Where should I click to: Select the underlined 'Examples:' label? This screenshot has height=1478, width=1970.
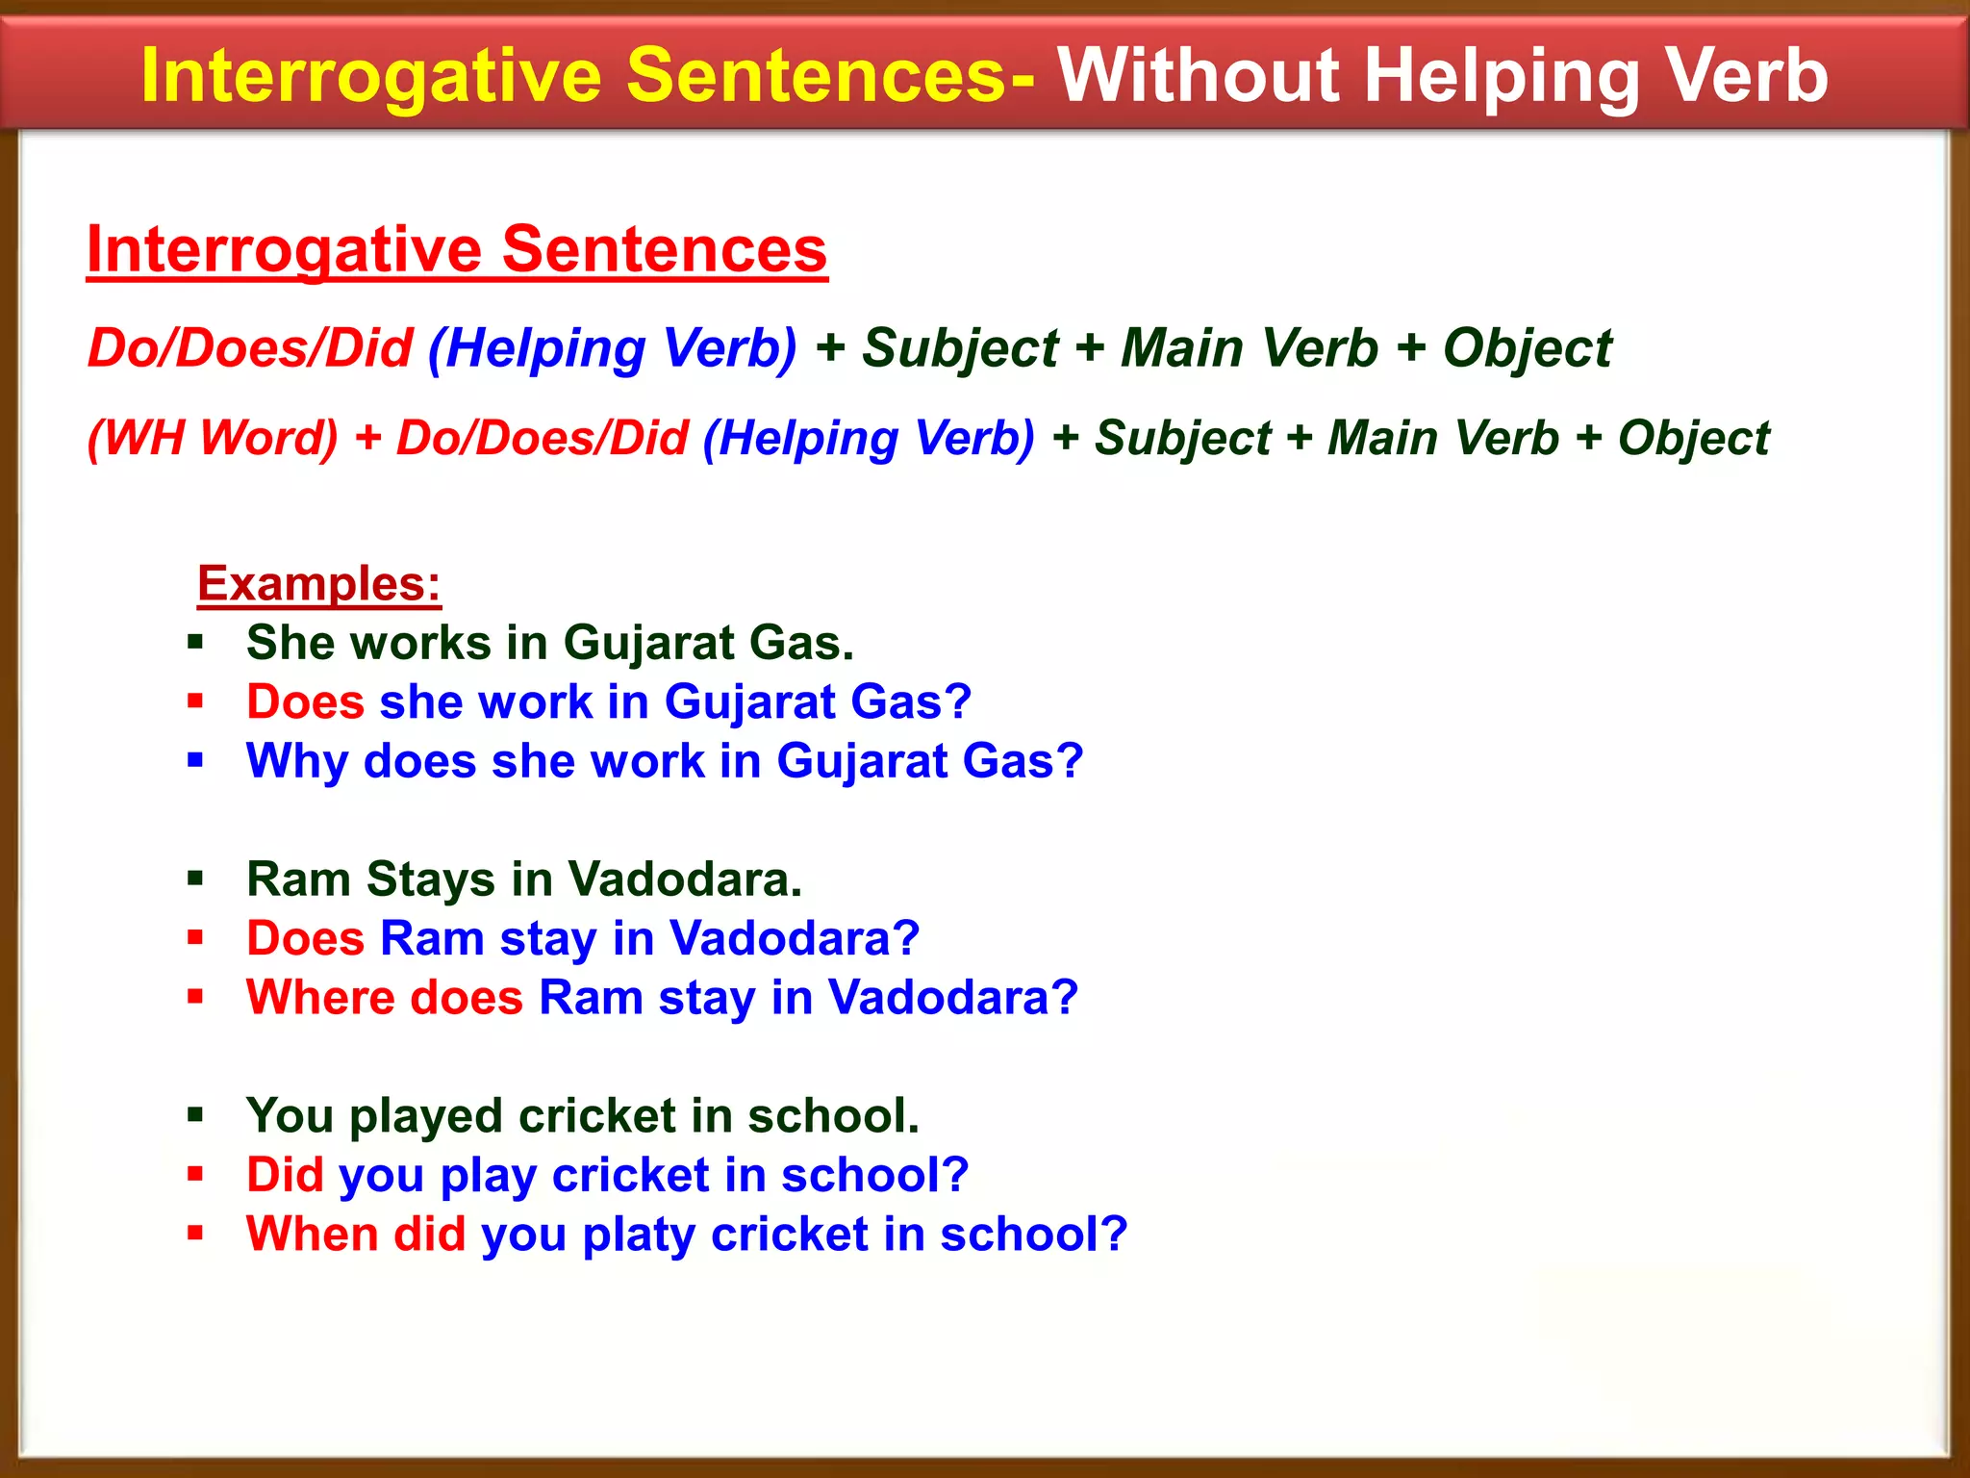coord(318,583)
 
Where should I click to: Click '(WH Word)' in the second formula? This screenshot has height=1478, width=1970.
coord(213,438)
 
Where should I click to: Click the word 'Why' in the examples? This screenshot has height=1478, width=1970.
coord(296,762)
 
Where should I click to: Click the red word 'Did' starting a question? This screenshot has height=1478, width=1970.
coord(285,1175)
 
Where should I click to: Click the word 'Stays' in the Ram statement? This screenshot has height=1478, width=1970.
coord(430,880)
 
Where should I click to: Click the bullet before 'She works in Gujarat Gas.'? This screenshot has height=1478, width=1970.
coord(196,643)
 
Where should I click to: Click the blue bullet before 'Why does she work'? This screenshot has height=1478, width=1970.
coord(196,761)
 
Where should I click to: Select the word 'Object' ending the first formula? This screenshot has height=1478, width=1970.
coord(1527,347)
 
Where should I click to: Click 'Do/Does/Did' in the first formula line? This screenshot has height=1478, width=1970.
coord(250,347)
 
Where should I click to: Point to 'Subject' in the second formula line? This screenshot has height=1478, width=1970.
coord(1183,438)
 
